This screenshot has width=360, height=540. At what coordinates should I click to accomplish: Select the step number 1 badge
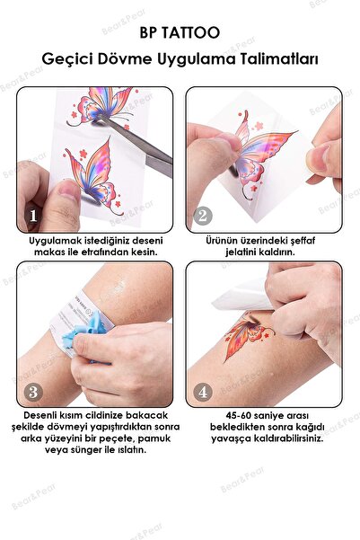tap(33, 216)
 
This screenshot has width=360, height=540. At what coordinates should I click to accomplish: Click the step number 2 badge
tap(202, 216)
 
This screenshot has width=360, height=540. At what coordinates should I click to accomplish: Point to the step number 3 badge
tap(33, 392)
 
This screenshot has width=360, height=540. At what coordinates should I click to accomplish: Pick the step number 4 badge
tap(202, 392)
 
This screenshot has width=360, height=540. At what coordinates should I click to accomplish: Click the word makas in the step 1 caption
tap(47, 252)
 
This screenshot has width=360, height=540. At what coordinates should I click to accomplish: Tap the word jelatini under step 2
tap(241, 252)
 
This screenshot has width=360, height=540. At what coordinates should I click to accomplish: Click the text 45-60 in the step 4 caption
tap(238, 416)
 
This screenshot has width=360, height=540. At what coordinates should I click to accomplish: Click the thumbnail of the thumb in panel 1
tap(69, 189)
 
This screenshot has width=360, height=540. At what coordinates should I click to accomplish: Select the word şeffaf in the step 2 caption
tap(303, 241)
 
